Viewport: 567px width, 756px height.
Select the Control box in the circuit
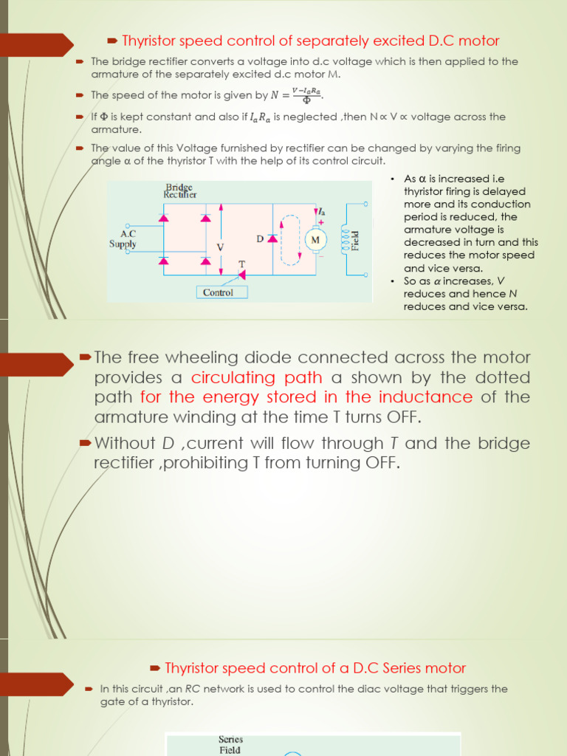[x=218, y=292]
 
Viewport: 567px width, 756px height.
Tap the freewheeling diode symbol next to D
[x=272, y=238]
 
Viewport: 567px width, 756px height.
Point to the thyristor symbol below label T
[x=241, y=275]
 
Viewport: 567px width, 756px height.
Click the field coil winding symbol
[x=343, y=239]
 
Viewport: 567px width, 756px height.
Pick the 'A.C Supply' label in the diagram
[x=122, y=238]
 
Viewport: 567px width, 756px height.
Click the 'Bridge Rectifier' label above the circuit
[x=180, y=191]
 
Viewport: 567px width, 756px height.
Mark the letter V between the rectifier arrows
[x=219, y=245]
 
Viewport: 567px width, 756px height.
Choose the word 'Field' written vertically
[x=355, y=239]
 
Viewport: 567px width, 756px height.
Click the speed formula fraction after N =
[x=307, y=95]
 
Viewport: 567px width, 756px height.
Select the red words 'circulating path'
[x=256, y=378]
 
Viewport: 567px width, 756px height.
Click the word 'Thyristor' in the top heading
[x=151, y=41]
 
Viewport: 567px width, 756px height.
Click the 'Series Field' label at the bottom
[x=230, y=744]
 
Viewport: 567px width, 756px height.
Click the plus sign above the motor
[x=321, y=221]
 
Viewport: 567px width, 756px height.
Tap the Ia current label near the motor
[x=321, y=212]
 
